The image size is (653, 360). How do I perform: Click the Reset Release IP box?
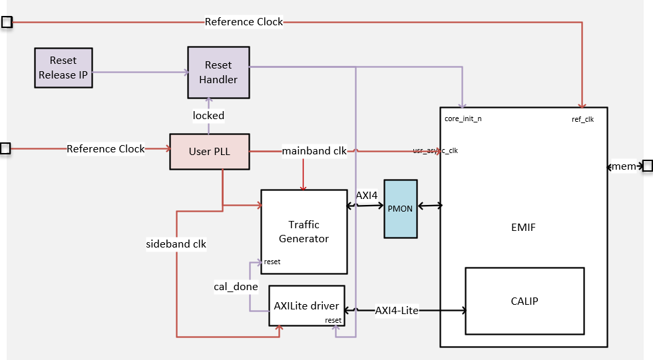point(63,68)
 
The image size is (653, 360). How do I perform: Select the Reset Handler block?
point(218,72)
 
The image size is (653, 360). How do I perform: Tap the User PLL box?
point(209,151)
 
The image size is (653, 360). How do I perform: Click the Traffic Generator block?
point(304,232)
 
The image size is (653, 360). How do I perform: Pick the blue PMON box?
point(400,209)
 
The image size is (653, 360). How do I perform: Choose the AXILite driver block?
point(306,306)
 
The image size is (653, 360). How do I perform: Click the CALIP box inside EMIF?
point(524,301)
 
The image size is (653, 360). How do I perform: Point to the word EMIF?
point(523,228)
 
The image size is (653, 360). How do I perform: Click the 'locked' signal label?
point(208,115)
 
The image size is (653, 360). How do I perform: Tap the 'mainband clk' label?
point(314,150)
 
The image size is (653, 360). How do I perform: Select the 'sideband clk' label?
point(176,244)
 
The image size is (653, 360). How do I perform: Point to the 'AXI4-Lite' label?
point(397,310)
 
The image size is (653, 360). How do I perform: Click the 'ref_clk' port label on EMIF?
point(582,119)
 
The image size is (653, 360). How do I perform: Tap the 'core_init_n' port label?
point(463,119)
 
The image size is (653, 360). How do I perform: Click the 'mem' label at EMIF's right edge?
point(624,166)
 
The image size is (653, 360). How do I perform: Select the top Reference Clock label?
point(244,22)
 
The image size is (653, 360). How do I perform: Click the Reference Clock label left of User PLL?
point(105,149)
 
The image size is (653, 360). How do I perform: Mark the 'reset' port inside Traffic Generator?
point(272,262)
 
